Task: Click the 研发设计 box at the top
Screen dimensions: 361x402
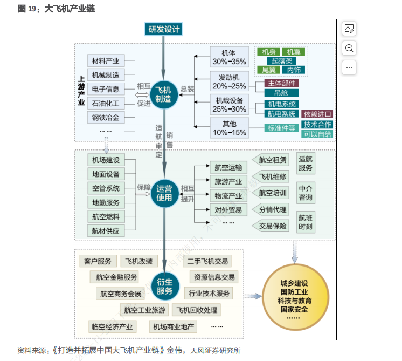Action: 163,29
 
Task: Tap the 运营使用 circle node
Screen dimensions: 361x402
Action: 164,193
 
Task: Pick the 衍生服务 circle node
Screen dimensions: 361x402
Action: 164,287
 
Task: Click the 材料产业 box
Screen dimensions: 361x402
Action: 105,60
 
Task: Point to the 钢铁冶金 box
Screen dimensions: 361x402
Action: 105,117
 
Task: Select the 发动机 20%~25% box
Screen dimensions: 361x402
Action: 229,81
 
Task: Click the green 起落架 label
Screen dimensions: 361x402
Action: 282,61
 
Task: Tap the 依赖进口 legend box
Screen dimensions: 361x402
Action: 317,114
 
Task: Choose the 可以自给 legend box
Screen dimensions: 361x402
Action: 317,134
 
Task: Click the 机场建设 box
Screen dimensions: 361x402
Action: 105,160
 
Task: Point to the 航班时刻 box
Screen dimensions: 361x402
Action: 306,222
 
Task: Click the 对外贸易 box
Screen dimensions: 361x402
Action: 228,209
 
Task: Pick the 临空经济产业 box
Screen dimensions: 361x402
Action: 112,326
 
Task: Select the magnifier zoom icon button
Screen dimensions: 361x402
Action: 349,49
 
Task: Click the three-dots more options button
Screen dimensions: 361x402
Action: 349,67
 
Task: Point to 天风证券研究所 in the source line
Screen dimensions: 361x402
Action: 215,350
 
